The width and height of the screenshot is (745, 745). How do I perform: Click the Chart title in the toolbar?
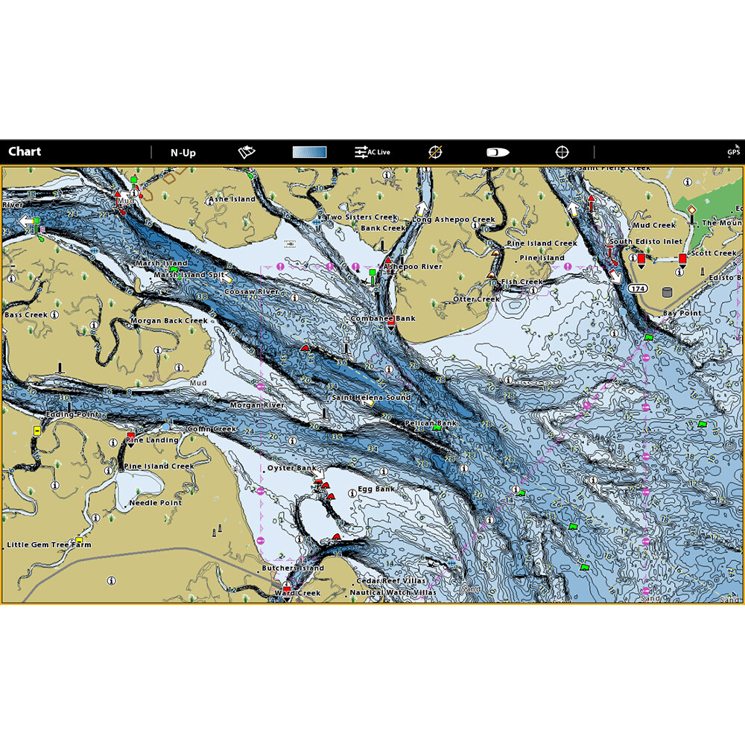coord(25,152)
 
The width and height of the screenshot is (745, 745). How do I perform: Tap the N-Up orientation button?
coord(183,153)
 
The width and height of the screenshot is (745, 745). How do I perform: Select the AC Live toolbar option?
coord(372,153)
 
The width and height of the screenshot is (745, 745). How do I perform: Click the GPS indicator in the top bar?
coord(734,153)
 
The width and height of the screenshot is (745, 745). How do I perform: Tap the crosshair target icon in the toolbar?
coord(562,153)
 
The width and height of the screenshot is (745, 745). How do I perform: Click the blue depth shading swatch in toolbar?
coord(309,153)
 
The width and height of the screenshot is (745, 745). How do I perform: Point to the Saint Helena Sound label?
coord(371,398)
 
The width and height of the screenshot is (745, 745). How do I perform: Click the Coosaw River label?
coord(252,292)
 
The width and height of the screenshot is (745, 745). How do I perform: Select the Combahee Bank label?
coord(383,318)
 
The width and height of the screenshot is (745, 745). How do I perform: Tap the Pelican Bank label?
coord(430,423)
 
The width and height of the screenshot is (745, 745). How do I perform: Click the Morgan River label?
coord(257,405)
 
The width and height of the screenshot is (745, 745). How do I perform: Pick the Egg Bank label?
coord(376,489)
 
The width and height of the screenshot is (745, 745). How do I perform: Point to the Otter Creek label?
coord(477,299)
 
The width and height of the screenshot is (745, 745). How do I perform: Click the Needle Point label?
coord(155,503)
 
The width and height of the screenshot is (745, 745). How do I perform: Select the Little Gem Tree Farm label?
coord(49,545)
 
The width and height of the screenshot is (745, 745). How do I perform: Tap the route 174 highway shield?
coord(636,288)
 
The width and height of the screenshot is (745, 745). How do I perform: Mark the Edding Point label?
coord(72,414)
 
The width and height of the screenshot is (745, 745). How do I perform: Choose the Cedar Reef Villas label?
coord(391,580)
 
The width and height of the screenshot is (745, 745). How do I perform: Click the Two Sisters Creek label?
coord(361,218)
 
